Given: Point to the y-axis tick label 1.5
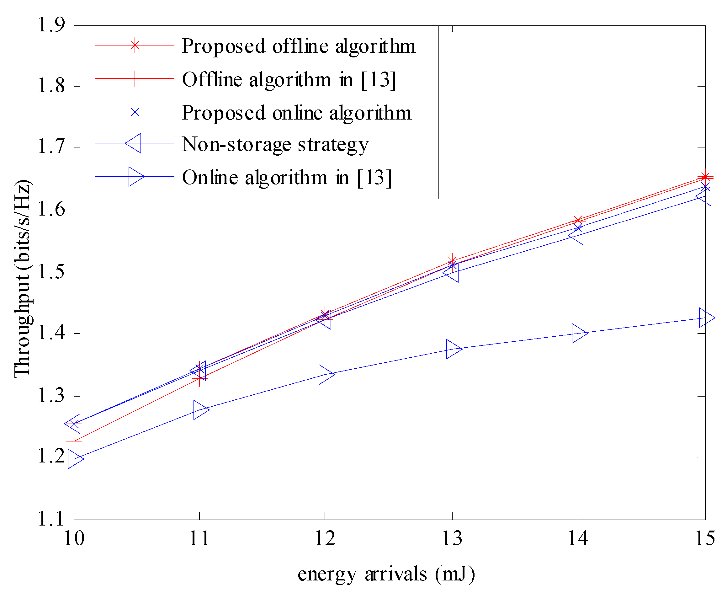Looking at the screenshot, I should click(51, 272).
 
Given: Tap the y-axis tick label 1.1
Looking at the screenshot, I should click(51, 519).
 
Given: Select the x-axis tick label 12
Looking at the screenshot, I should click(325, 539).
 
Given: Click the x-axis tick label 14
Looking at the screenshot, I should click(578, 539).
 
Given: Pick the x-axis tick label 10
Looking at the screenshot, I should click(74, 539).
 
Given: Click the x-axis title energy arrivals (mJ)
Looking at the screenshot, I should click(386, 574).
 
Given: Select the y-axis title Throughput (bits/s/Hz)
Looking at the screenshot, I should click(22, 278).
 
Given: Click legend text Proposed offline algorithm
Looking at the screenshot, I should click(299, 46).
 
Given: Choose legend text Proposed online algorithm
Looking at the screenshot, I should click(296, 113).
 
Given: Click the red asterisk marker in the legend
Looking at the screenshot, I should click(135, 45).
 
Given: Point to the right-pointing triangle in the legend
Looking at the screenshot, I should click(135, 177).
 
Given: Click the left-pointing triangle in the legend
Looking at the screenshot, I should click(134, 143).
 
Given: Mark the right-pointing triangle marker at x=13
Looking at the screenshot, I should click(453, 349).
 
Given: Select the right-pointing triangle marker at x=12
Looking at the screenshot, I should click(326, 374).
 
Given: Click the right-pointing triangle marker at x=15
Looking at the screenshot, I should click(706, 317).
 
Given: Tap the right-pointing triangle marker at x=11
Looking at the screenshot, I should click(200, 410).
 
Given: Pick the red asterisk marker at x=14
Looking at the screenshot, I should click(578, 220).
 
